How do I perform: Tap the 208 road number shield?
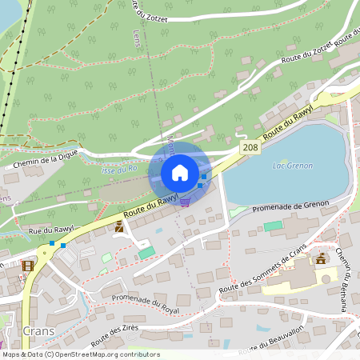[250, 150]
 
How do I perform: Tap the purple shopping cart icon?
[186, 202]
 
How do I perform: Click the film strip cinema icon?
[29, 266]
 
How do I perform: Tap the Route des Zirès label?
[116, 334]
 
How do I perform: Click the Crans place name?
[38, 330]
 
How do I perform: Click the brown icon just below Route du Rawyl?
[119, 227]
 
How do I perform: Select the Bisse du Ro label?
[120, 170]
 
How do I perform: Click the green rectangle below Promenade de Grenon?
[273, 226]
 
